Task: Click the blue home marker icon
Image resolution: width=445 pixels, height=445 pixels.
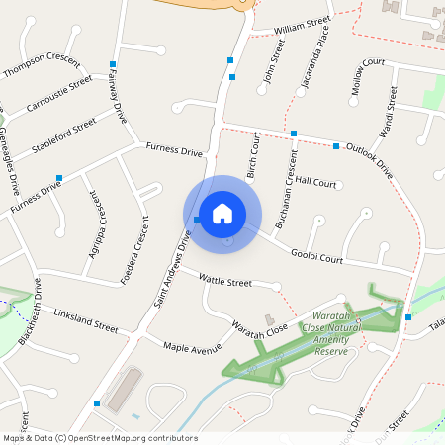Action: (222, 213)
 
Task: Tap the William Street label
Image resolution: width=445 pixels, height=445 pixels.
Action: (302, 23)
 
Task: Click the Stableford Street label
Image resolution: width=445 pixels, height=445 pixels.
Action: (63, 133)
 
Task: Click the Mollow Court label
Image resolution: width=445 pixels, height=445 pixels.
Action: (367, 78)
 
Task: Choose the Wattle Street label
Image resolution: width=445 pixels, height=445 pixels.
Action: (225, 282)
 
